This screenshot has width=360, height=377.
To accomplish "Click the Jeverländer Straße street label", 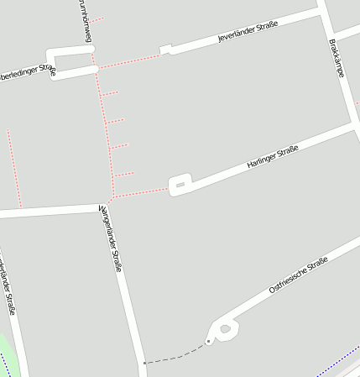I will click(248, 32).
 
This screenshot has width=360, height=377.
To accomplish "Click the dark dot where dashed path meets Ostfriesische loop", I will click(208, 342).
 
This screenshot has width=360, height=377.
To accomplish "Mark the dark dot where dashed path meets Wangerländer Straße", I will click(144, 363).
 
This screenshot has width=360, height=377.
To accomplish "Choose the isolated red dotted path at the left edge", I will click(14, 168).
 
